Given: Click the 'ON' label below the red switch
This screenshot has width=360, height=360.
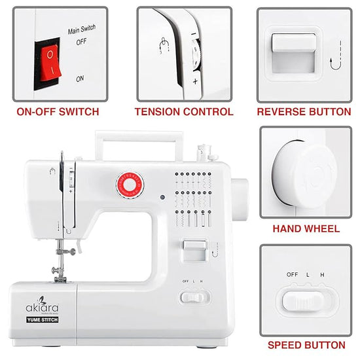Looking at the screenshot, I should (80, 79).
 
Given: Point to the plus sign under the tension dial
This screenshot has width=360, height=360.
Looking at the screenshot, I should (195, 81).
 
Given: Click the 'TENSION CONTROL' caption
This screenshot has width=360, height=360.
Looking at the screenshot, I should (184, 112).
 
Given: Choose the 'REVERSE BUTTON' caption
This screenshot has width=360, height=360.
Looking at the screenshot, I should (304, 112).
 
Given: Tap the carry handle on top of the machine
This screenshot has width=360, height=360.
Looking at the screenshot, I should (137, 139).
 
